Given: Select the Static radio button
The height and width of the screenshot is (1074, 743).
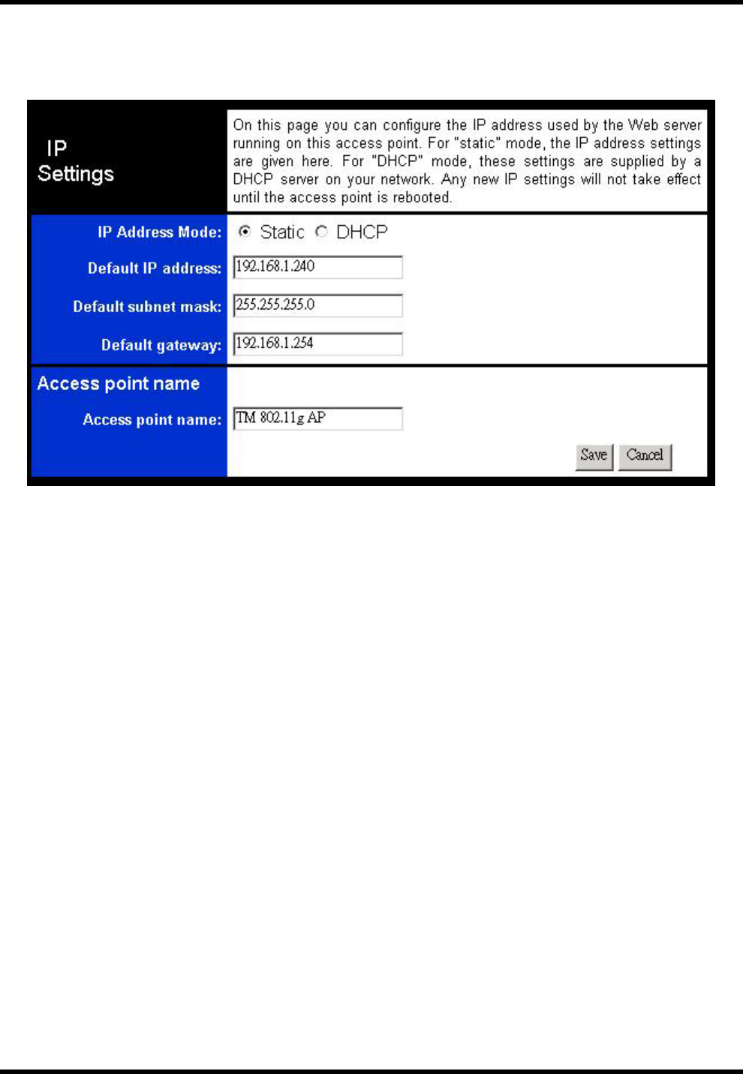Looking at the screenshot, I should (245, 232).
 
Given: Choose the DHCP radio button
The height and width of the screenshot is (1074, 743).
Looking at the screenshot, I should (321, 232).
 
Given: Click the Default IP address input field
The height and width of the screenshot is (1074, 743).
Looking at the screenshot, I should (317, 267).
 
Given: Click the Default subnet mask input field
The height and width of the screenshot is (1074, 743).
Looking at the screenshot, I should (317, 305).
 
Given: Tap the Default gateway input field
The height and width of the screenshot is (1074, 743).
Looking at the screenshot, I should (317, 343).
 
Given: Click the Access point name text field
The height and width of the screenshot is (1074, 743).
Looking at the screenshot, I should (317, 418).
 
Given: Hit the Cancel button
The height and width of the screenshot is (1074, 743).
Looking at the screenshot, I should (645, 455).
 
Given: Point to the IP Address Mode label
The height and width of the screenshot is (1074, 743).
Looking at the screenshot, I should (159, 232).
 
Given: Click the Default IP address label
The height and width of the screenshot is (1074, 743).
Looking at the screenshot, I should (154, 268).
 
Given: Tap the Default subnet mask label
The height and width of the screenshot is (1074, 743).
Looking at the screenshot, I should (147, 307).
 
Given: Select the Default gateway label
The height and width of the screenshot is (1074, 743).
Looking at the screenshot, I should (161, 345).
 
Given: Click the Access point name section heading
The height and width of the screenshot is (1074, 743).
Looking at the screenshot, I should (119, 384).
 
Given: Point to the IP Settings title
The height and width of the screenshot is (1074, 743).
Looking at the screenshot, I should (75, 161).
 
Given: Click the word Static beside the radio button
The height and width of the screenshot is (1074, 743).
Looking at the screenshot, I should (282, 232).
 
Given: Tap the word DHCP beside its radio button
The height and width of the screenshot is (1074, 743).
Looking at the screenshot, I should (362, 232).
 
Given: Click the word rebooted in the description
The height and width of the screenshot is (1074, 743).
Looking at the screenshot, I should (422, 198).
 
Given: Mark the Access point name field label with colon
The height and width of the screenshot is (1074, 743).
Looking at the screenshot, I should (152, 420).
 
